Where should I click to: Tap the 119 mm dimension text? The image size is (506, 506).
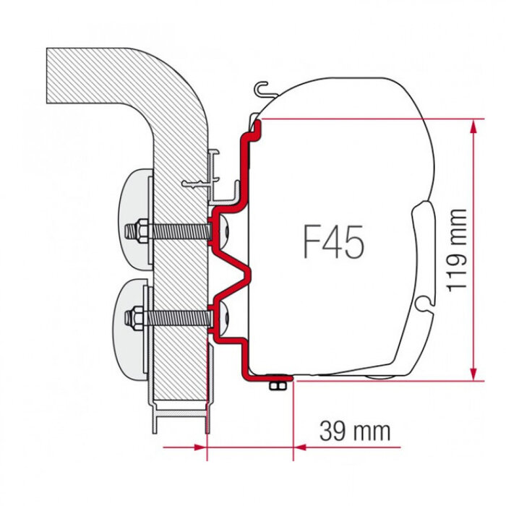click(x=456, y=249)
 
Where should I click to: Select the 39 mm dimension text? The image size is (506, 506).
click(x=355, y=432)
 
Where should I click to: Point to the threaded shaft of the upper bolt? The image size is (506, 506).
click(x=181, y=232)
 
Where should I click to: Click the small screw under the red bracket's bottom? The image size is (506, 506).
click(x=275, y=386)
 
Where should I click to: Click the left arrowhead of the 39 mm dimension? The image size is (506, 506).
click(x=201, y=447)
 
